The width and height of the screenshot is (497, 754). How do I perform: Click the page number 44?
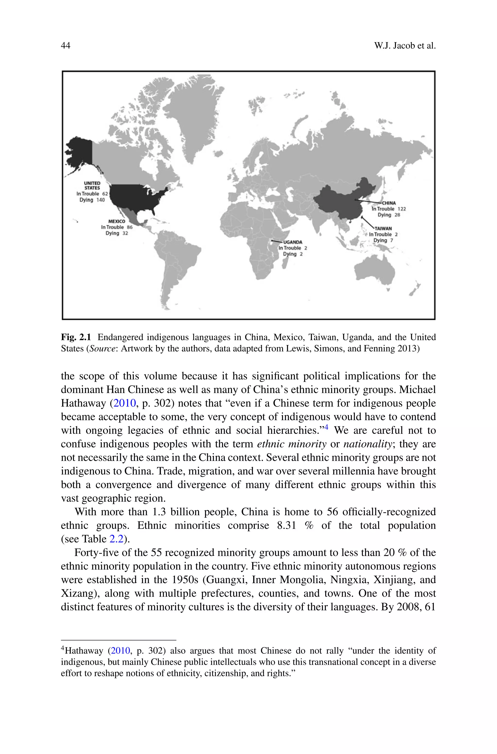point(65,46)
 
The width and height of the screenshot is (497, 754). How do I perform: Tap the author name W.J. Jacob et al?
point(405,46)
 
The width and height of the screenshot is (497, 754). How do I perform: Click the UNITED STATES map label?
point(92,186)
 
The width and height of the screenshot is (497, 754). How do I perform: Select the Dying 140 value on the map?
point(92,200)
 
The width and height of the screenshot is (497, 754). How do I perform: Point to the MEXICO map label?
point(117,221)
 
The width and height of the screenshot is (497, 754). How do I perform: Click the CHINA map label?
point(389,203)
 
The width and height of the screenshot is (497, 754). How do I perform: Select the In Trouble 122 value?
point(389,209)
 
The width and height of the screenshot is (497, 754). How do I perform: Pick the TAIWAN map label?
point(383,228)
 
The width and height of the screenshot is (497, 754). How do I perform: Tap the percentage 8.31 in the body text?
point(287,525)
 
